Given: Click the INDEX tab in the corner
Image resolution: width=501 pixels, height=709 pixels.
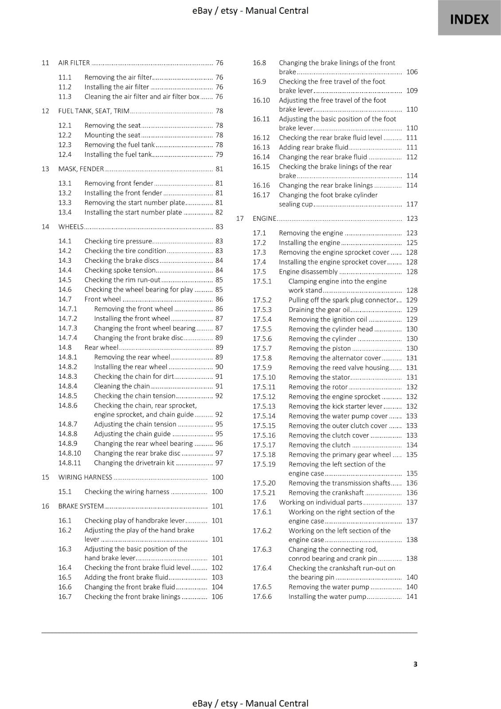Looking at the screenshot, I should [x=469, y=19].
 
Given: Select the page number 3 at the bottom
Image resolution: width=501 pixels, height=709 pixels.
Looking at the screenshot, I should [x=415, y=664].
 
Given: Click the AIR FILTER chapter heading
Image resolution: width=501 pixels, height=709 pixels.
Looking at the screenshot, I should [x=74, y=63].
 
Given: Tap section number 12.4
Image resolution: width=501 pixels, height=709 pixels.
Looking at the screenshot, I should [x=65, y=155].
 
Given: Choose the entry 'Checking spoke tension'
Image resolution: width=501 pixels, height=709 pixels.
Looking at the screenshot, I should [x=120, y=270].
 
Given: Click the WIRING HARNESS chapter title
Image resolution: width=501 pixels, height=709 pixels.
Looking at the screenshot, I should [x=85, y=477].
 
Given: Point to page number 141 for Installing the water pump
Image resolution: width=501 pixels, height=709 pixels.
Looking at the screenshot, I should [x=411, y=596].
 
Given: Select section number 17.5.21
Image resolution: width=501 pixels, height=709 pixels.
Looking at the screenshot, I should [x=264, y=493].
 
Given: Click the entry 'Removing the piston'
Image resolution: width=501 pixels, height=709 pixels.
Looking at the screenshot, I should [x=319, y=348].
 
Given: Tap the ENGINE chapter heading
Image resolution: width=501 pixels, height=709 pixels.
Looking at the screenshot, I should [x=264, y=218].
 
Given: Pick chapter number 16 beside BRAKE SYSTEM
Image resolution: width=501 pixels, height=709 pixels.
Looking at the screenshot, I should [x=45, y=506].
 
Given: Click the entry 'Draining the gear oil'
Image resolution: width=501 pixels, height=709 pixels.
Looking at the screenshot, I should [x=319, y=310].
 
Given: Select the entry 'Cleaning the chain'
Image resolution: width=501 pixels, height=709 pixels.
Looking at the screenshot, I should [x=122, y=386].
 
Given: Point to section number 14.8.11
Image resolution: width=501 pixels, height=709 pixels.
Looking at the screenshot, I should [x=70, y=463].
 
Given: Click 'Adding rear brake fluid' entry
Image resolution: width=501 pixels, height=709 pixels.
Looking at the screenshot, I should [x=313, y=148].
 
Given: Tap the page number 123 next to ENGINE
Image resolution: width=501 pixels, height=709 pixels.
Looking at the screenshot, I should [x=411, y=218].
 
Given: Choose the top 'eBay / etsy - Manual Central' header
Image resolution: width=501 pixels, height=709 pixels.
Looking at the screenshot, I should [x=250, y=11].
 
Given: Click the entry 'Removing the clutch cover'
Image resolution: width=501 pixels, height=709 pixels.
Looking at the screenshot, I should [x=329, y=436].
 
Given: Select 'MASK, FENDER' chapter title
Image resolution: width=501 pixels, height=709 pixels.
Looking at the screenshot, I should [x=81, y=169].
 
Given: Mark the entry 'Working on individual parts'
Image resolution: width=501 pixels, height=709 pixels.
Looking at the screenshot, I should [x=321, y=503].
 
